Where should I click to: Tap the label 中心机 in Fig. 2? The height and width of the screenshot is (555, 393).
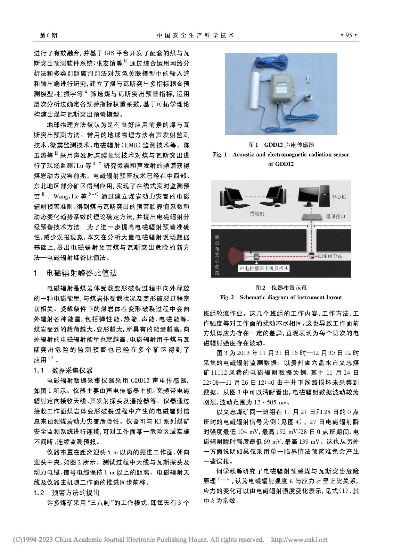coord(338,197)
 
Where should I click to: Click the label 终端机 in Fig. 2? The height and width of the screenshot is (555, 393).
coord(257,214)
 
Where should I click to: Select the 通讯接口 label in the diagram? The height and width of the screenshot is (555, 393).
coord(335,216)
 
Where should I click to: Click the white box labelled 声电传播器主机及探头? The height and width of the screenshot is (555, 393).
coord(264,268)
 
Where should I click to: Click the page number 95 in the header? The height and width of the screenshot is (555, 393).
coord(348,35)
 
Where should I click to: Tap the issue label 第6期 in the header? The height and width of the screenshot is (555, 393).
coord(49,35)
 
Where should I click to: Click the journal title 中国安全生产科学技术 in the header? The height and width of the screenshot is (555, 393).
coord(196,35)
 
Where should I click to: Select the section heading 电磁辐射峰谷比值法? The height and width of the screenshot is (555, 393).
coord(81,273)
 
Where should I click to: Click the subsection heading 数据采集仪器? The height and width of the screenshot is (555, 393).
coord(72,370)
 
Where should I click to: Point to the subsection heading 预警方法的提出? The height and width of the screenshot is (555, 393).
coord(75,493)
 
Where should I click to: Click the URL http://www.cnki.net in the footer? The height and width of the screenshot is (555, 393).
coord(298,539)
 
